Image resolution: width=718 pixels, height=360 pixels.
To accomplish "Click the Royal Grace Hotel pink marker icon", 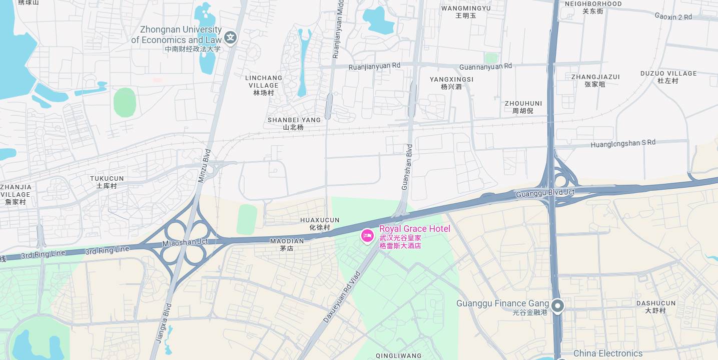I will tap(367, 235).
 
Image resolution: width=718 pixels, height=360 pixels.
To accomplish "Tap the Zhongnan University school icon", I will tap(230, 37).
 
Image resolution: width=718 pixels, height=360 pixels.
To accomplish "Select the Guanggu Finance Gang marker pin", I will tap(557, 305).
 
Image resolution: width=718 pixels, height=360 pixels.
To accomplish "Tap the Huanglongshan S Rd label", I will tap(623, 143).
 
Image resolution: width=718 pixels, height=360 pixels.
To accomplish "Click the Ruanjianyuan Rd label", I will tap(375, 66).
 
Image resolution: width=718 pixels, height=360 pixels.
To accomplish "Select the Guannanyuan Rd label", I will tap(485, 66).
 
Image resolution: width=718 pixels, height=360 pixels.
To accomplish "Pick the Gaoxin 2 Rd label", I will tap(673, 17).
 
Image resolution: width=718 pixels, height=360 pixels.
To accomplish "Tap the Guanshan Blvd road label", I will tap(407, 167).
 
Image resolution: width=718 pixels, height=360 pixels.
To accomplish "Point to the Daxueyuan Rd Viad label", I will tap(342, 297).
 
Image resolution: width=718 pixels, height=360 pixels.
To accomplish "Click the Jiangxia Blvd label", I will tap(164, 322).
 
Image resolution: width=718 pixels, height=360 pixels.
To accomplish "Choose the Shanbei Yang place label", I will tap(294, 123).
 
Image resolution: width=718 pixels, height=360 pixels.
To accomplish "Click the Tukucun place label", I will tap(107, 182).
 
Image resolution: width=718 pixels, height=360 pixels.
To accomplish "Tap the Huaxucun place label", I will tap(320, 223).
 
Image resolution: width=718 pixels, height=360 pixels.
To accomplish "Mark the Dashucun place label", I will tap(655, 306).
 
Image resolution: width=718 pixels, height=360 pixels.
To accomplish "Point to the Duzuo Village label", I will tap(668, 77).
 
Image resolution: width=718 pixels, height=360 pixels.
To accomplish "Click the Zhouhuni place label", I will tap(523, 107).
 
